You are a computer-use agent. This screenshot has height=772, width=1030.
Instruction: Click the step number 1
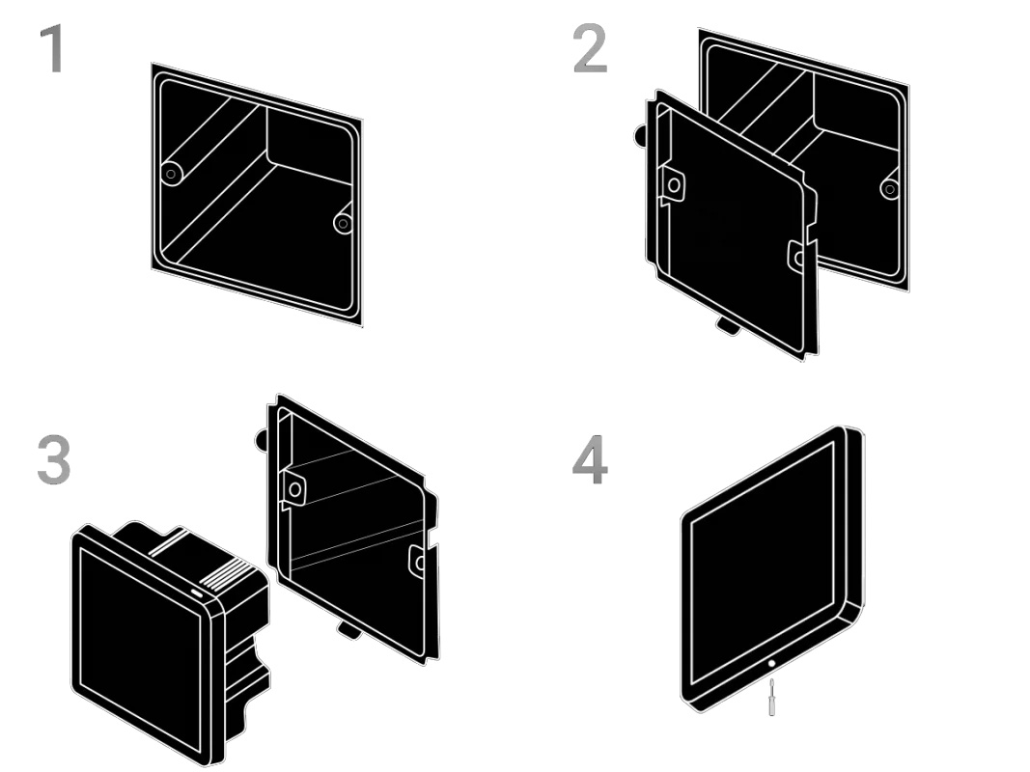tap(53, 49)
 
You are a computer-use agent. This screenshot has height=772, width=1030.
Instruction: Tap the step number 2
tap(590, 49)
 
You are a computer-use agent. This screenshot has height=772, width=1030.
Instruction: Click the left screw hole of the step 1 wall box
tap(172, 174)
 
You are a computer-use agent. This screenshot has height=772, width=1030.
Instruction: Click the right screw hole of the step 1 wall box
tap(342, 223)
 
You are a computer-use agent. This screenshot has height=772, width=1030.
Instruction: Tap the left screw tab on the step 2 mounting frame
tap(673, 183)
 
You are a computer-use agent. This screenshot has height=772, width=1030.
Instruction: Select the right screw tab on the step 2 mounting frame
tap(797, 256)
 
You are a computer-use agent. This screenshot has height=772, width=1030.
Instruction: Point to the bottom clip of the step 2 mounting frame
tap(729, 326)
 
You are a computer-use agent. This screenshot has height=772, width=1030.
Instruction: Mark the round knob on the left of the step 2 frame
tap(641, 136)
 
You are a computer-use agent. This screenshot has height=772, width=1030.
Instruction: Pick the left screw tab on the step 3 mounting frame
tap(293, 490)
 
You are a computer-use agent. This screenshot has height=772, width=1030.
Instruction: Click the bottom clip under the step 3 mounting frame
tap(349, 631)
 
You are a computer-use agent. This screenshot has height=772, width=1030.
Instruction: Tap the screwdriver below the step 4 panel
tap(770, 696)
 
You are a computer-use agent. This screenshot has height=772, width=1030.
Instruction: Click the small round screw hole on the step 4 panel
tap(770, 665)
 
